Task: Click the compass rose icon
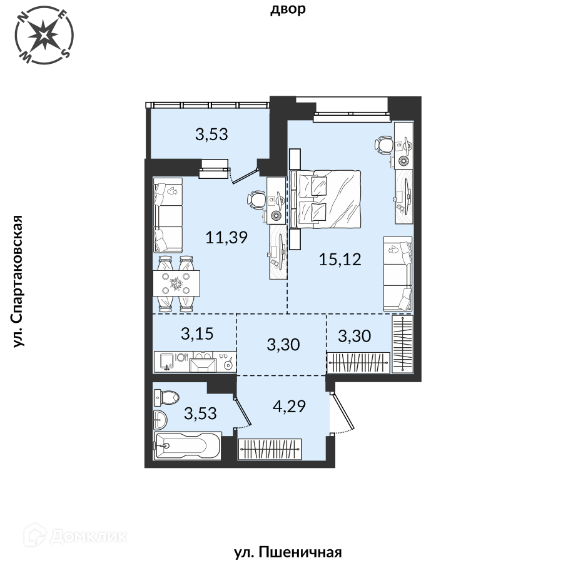44,35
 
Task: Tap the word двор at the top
288,9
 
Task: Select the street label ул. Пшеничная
288,552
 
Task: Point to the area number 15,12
340,259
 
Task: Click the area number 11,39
226,237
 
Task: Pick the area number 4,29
289,407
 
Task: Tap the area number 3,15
197,334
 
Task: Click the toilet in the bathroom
166,397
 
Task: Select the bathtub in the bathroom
187,445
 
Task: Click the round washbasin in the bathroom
160,419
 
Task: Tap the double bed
325,199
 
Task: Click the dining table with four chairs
176,283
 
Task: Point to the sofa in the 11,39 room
168,215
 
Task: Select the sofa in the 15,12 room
397,273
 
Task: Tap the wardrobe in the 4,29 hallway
270,449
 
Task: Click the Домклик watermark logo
76,537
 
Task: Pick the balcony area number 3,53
211,134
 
